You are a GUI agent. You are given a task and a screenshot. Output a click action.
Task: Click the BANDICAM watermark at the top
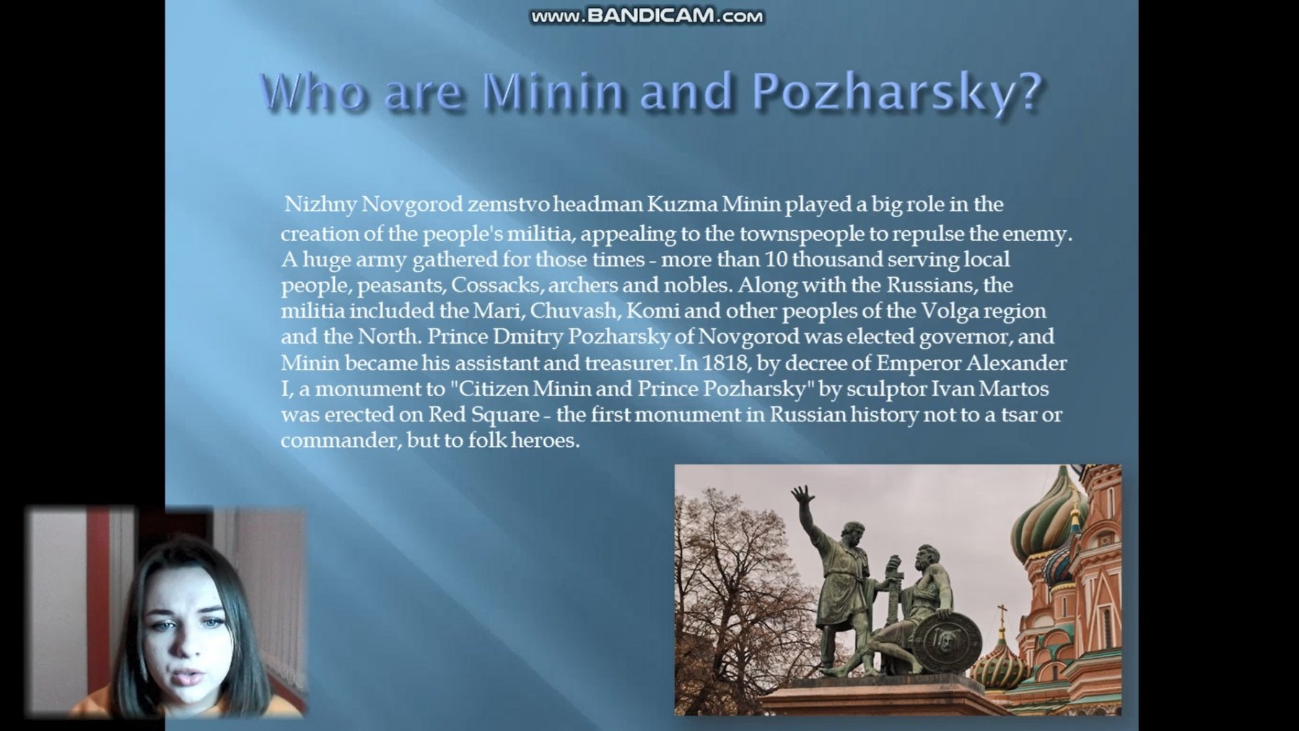pos(647,16)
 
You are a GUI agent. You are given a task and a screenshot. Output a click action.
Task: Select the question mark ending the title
pos(1028,92)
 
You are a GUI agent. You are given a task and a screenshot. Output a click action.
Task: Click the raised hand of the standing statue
pos(801,496)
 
